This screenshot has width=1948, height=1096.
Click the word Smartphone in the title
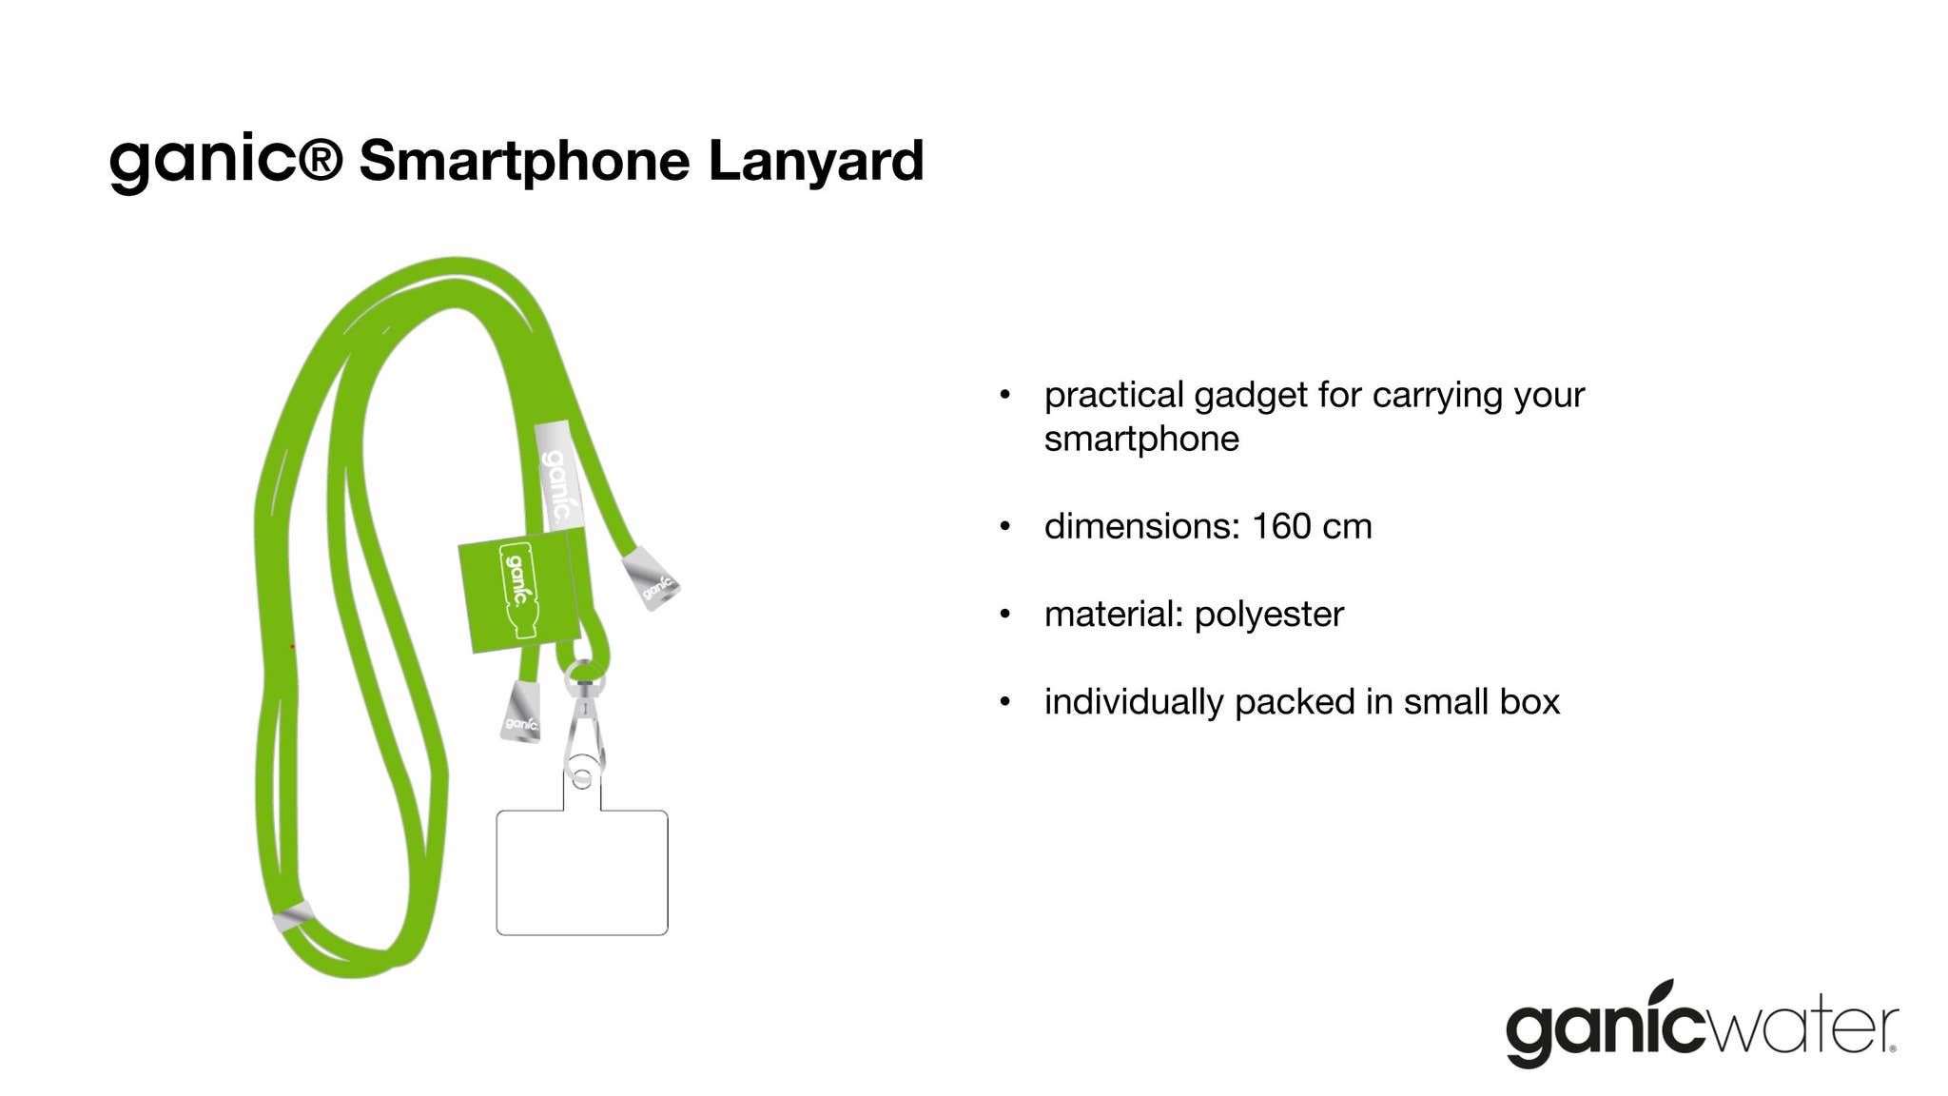(524, 162)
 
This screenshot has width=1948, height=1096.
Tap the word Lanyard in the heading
(816, 160)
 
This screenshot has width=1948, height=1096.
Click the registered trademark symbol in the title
(321, 158)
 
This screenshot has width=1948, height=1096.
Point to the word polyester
(1269, 616)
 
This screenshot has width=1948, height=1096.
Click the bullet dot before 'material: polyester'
(1004, 615)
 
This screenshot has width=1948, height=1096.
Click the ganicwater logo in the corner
(1702, 1024)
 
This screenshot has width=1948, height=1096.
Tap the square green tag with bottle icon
(519, 591)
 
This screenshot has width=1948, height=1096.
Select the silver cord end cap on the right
(652, 577)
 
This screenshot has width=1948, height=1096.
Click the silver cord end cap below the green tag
(521, 712)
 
